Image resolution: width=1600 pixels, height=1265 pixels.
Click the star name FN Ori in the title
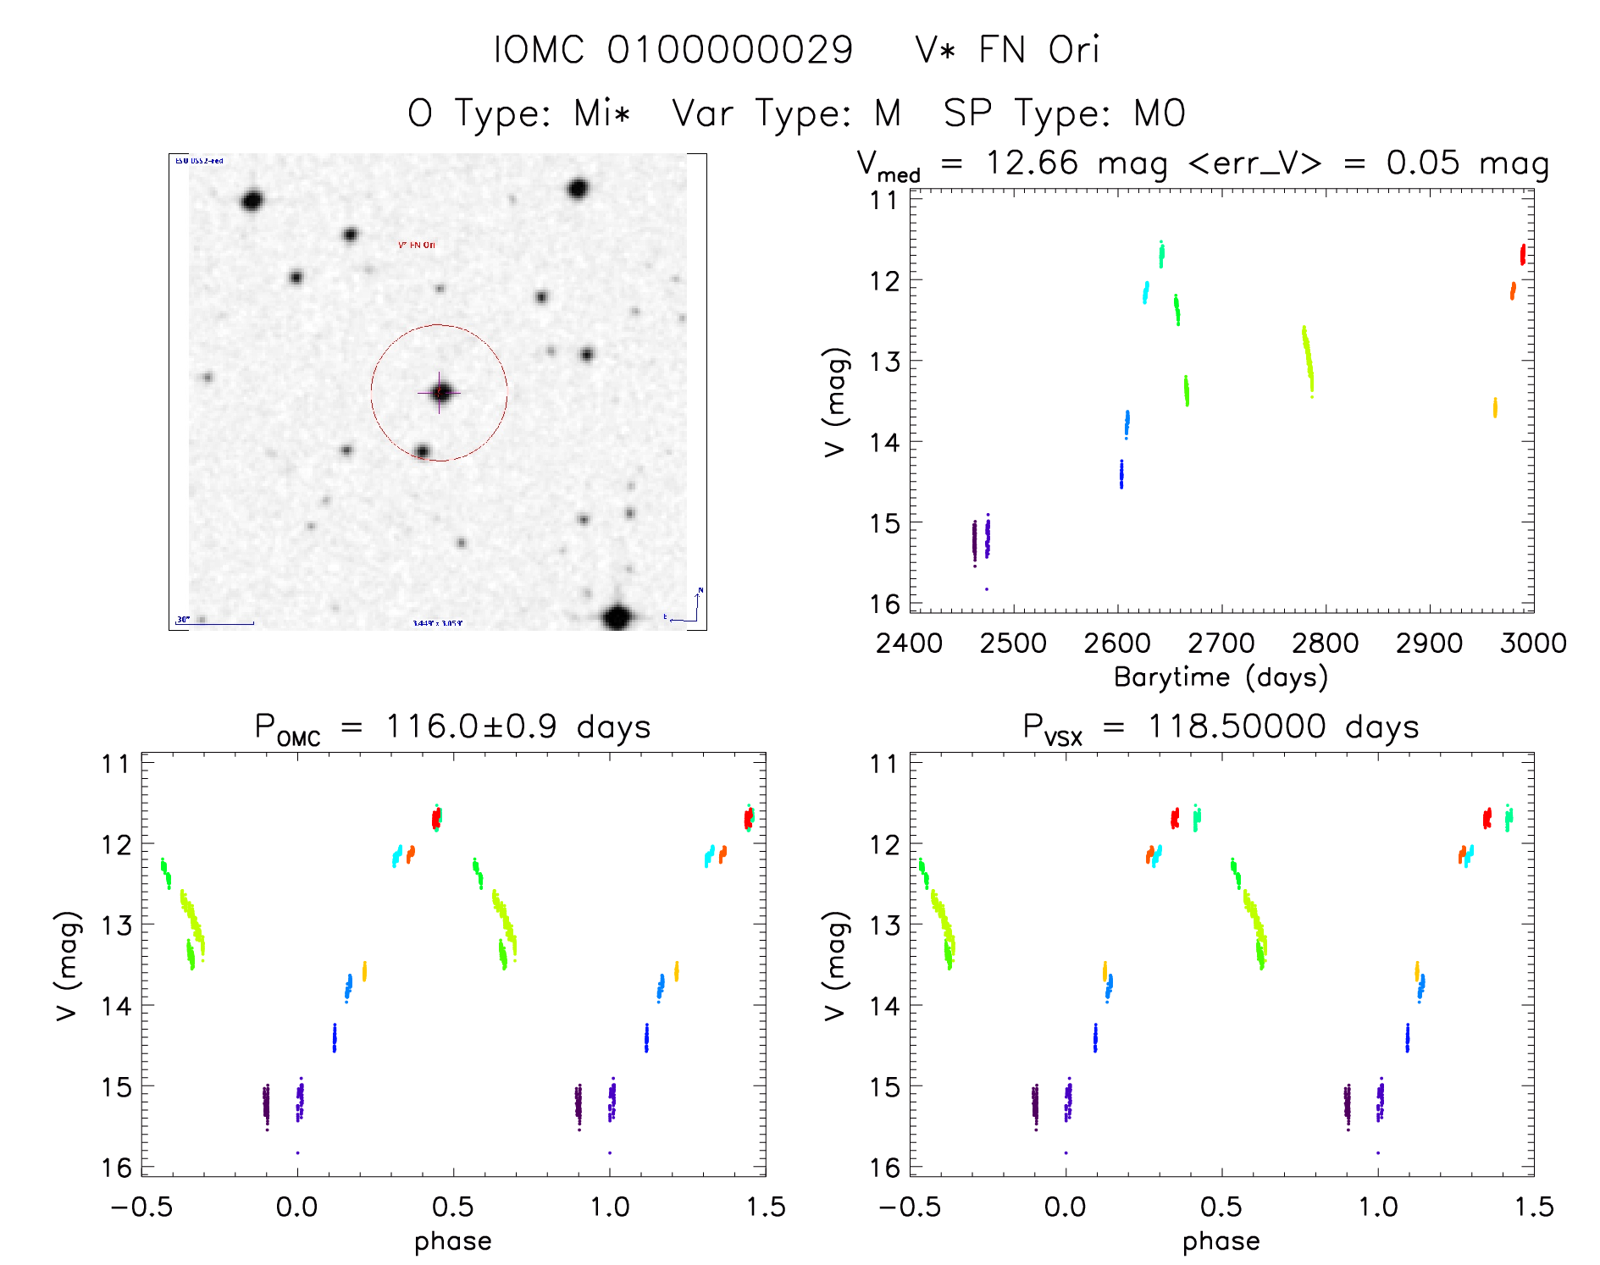1038,50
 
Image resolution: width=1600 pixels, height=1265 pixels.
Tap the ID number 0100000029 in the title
730,50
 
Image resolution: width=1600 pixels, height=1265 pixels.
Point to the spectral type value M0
1160,113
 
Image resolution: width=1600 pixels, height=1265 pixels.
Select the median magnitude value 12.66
1032,163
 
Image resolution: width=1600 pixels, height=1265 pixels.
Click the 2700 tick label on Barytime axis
1221,644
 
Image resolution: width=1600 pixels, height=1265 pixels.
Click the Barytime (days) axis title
1221,677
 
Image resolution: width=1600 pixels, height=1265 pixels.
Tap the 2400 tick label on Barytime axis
909,644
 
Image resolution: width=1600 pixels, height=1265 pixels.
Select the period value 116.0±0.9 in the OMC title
471,727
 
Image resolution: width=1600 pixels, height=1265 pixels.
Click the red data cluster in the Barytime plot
1522,254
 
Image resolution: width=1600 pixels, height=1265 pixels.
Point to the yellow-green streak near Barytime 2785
1308,360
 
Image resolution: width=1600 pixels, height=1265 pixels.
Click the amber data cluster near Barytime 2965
1495,407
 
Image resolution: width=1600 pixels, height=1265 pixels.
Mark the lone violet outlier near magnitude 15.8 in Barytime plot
986,588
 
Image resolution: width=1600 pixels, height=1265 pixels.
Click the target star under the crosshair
440,393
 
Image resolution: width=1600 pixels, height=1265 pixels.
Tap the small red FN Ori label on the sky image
417,246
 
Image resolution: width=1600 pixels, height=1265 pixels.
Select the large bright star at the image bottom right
617,617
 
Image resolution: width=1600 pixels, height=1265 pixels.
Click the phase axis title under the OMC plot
452,1241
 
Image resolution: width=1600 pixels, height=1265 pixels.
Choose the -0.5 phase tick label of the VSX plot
909,1207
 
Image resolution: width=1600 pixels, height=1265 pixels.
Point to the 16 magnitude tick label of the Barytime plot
883,604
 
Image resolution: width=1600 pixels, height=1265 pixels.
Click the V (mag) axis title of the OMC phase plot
67,965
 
